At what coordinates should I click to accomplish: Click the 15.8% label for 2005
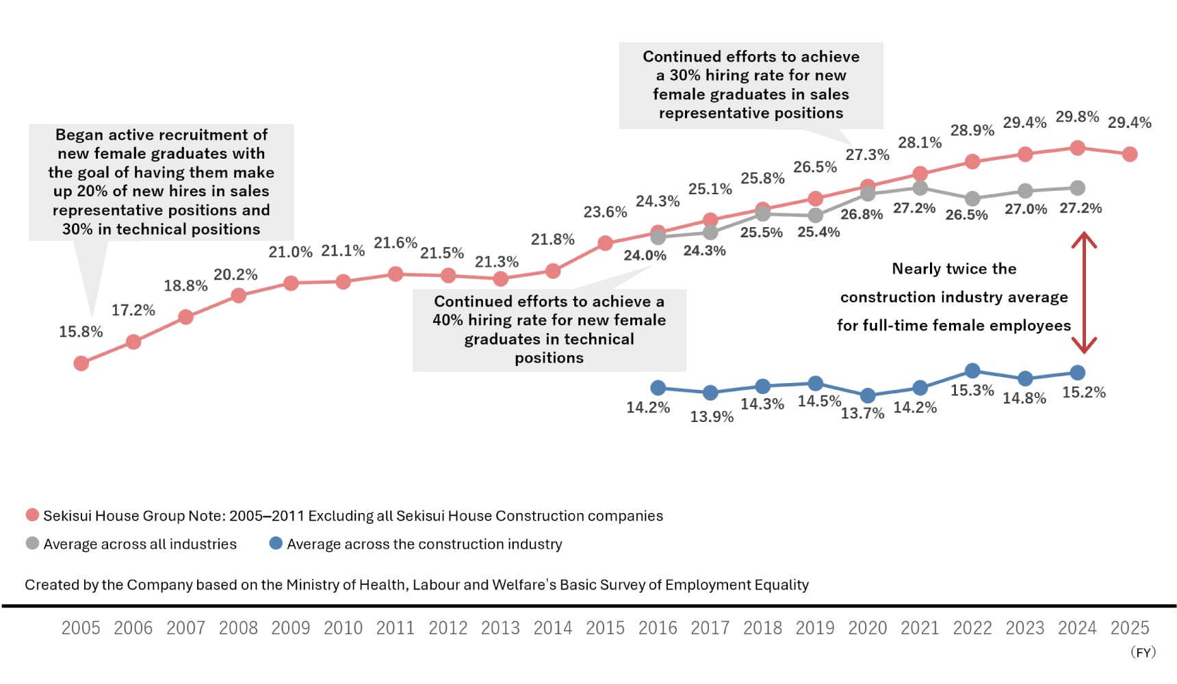click(81, 332)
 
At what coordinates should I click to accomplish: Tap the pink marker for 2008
click(238, 295)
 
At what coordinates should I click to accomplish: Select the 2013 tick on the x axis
click(500, 628)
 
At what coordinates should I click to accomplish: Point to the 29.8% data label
click(1077, 117)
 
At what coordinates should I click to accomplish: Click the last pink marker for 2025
click(1130, 155)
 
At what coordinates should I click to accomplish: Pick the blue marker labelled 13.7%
click(868, 395)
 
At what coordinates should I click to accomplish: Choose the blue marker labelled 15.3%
click(972, 371)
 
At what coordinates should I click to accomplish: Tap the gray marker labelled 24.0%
click(658, 237)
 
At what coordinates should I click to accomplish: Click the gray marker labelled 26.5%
click(972, 198)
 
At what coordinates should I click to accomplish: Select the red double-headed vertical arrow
click(1084, 293)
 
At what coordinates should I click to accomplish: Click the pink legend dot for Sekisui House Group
click(31, 515)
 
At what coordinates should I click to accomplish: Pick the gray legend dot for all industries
click(31, 543)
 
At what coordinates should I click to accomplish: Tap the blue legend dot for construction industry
click(276, 543)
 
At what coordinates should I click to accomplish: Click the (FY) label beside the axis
click(1143, 652)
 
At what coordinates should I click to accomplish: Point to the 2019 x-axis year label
click(815, 628)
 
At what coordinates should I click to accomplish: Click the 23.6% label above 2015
click(605, 212)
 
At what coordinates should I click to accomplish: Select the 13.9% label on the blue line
click(712, 417)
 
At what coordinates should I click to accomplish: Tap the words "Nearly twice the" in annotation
click(954, 269)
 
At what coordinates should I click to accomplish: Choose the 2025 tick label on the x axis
click(1130, 628)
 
